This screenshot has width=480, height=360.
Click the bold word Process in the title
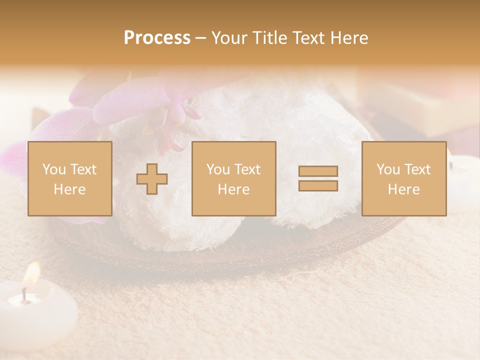click(x=157, y=38)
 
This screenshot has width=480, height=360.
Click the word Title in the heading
click(x=269, y=38)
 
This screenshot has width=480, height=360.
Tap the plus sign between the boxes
click(x=152, y=179)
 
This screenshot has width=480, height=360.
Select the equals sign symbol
click(x=318, y=178)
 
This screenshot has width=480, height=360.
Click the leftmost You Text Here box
click(x=70, y=178)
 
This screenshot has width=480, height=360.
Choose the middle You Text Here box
click(x=234, y=178)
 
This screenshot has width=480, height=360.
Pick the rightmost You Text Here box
click(x=404, y=178)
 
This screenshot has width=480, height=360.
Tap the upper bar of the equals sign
click(x=318, y=171)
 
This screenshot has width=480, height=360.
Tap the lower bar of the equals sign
click(x=318, y=186)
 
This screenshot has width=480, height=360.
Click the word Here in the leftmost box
click(x=70, y=189)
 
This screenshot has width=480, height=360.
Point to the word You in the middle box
click(x=218, y=169)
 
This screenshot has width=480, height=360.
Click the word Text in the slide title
click(x=308, y=38)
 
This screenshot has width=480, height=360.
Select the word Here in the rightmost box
click(x=404, y=189)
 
